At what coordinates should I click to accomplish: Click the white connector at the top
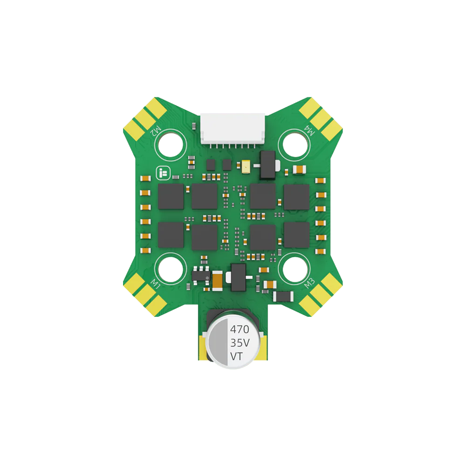tap(233, 129)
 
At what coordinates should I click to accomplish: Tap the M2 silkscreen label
tap(156, 131)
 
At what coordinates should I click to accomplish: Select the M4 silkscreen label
tap(309, 130)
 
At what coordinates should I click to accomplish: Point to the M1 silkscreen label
tap(156, 284)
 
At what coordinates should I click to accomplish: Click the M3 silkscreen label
tap(309, 283)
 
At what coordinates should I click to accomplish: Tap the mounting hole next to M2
tap(171, 145)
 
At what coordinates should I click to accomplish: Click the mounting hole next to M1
tap(171, 269)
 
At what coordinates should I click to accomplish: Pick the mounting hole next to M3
tap(295, 269)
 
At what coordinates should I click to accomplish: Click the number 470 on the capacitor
tap(240, 329)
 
